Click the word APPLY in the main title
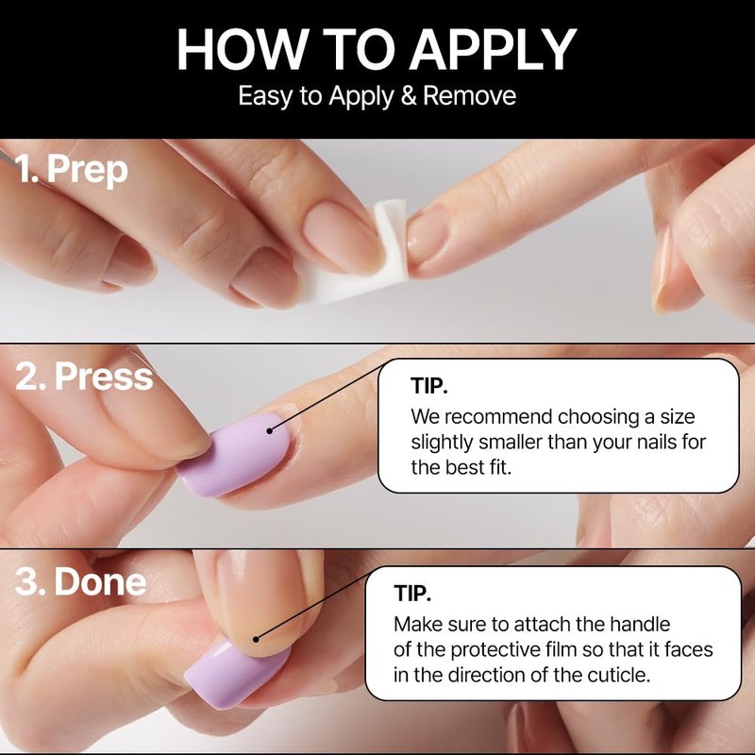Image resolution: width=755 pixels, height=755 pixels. click(493, 50)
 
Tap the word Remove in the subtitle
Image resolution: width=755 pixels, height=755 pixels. click(469, 95)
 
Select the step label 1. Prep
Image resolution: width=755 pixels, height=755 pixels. click(72, 171)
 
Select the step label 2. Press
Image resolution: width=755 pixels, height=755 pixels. click(84, 376)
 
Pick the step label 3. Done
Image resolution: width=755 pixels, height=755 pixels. click(80, 581)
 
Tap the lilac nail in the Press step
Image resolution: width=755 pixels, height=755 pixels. click(236, 454)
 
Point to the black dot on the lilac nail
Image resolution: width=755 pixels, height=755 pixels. click(270, 430)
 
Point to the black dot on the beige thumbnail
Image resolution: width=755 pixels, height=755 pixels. click(256, 639)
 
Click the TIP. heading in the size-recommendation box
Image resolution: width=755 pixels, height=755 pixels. click(429, 386)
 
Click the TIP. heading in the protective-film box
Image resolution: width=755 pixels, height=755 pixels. click(412, 594)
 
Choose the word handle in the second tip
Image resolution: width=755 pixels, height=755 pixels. click(640, 624)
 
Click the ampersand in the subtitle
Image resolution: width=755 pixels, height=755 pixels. click(408, 95)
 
